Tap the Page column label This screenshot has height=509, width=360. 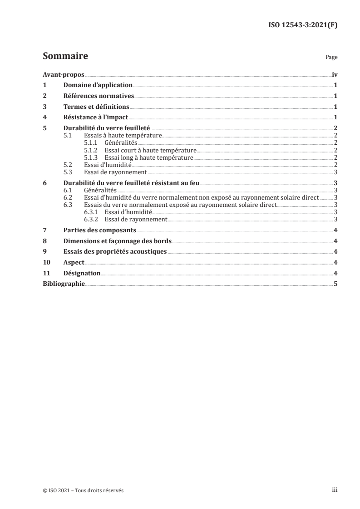(x=331, y=58)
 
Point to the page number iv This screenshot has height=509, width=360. (x=335, y=74)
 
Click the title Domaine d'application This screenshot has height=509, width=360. (x=98, y=85)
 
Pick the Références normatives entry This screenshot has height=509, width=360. (x=99, y=96)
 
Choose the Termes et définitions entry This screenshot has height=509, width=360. (x=96, y=107)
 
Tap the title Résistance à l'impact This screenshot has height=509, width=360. (x=96, y=117)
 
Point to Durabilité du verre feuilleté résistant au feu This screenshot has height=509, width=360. (x=131, y=183)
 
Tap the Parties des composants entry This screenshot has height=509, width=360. (x=100, y=230)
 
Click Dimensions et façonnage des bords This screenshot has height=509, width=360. (x=117, y=241)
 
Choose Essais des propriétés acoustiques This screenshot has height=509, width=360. (x=115, y=252)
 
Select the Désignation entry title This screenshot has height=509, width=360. (x=82, y=274)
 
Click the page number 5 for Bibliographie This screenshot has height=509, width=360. (x=335, y=284)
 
